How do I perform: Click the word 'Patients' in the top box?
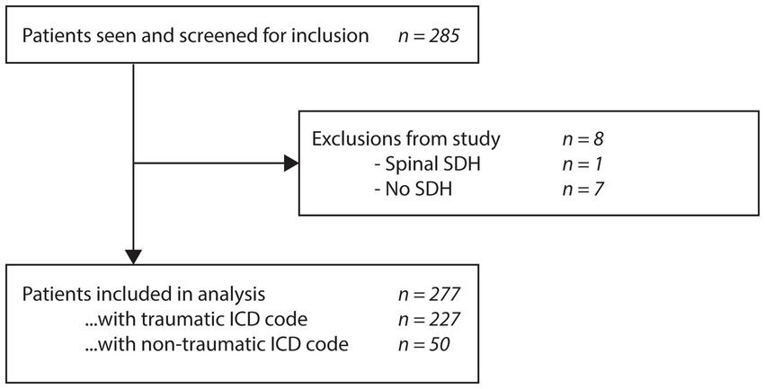pyautogui.click(x=51, y=38)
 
